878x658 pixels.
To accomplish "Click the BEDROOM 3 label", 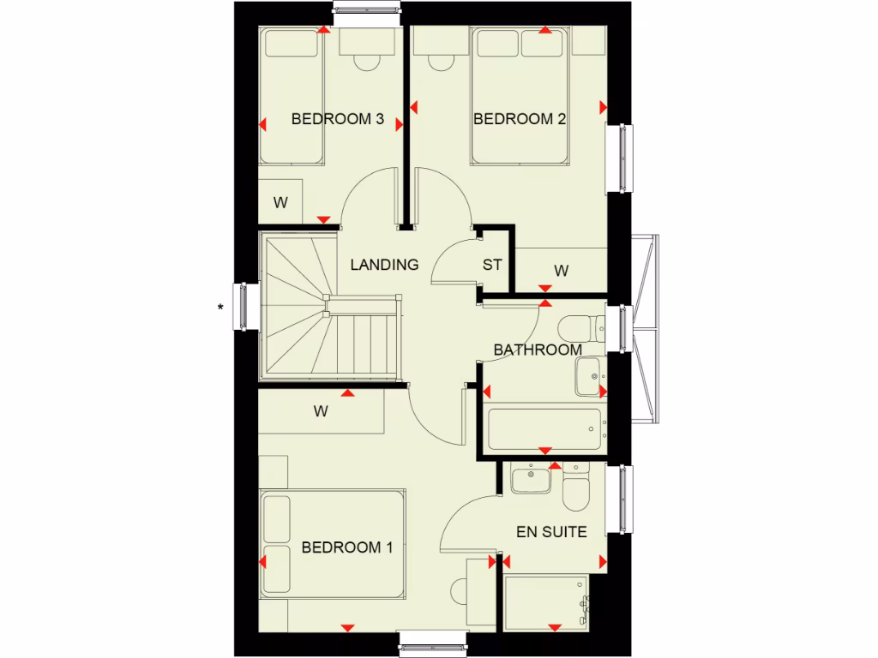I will pyautogui.click(x=337, y=119).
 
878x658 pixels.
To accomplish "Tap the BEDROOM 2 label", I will pyautogui.click(x=520, y=119).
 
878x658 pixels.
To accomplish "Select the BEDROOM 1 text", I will pyautogui.click(x=347, y=547).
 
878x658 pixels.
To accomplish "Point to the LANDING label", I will pyautogui.click(x=384, y=265).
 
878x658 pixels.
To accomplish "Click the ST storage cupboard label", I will pyautogui.click(x=492, y=265).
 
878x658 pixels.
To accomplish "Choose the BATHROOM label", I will pyautogui.click(x=538, y=350).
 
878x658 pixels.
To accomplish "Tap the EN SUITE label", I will pyautogui.click(x=551, y=532).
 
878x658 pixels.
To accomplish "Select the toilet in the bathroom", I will pyautogui.click(x=577, y=329).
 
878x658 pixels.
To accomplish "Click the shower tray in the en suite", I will pyautogui.click(x=547, y=605).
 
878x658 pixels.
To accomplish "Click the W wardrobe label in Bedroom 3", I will pyautogui.click(x=280, y=203).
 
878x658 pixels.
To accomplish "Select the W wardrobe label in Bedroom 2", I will pyautogui.click(x=562, y=271).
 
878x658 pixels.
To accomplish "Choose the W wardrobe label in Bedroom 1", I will pyautogui.click(x=321, y=411).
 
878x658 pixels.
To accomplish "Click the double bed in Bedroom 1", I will pyautogui.click(x=334, y=545).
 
